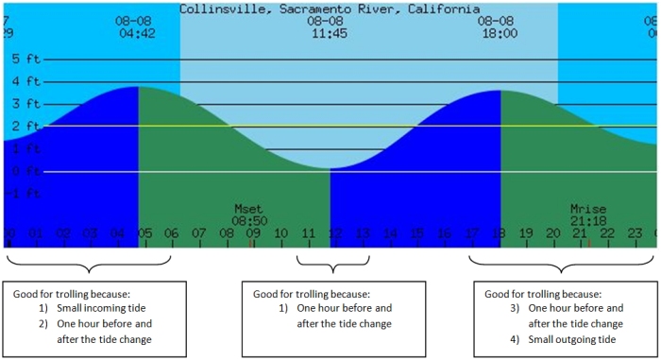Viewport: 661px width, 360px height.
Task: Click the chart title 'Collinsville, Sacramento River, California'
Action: pyautogui.click(x=330, y=9)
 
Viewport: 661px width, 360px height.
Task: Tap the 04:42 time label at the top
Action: pyautogui.click(x=135, y=33)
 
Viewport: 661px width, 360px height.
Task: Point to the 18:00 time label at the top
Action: pyautogui.click(x=498, y=33)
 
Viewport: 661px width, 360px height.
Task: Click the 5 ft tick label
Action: pyautogui.click(x=26, y=59)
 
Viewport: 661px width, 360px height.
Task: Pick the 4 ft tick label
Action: pyautogui.click(x=26, y=81)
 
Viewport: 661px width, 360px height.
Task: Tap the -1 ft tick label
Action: pyautogui.click(x=25, y=194)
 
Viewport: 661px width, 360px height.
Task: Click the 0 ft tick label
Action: pyautogui.click(x=26, y=171)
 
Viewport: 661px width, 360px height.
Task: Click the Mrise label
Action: pyautogui.click(x=588, y=208)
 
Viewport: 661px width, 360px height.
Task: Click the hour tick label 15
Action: pyautogui.click(x=417, y=232)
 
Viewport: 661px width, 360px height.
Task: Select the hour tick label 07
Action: pyautogui.click(x=198, y=232)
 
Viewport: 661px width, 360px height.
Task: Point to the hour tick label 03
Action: pyautogui.click(x=90, y=232)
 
